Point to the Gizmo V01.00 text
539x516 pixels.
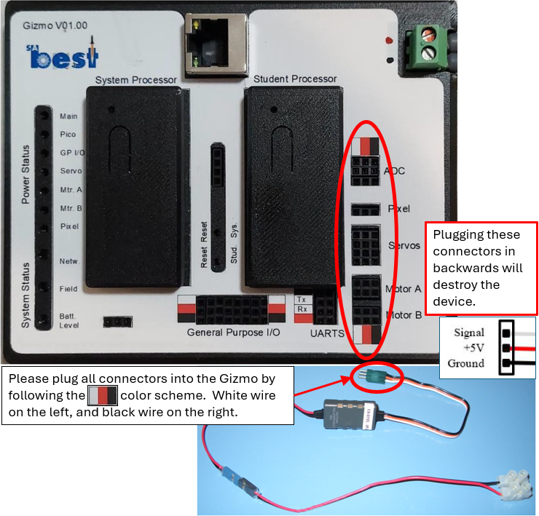click(56, 25)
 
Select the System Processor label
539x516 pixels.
click(135, 79)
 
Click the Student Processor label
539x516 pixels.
click(295, 79)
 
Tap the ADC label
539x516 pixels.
click(394, 171)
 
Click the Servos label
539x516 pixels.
click(404, 245)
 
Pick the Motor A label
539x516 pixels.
click(403, 288)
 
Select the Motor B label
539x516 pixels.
click(403, 315)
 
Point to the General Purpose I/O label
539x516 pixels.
click(233, 333)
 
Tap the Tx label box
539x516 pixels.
click(300, 299)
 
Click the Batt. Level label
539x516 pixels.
click(68, 321)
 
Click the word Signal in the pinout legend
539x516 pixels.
click(469, 333)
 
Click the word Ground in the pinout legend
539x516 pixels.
click(466, 363)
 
